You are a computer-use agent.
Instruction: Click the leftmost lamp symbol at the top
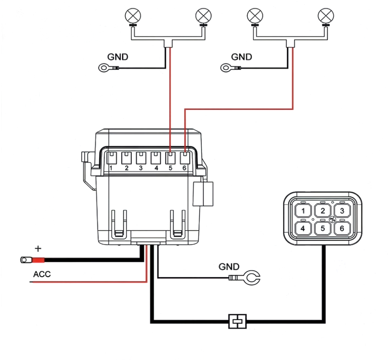(133, 16)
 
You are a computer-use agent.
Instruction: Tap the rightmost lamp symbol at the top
(326, 16)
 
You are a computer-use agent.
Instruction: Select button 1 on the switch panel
(303, 211)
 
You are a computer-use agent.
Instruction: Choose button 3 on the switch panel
(342, 211)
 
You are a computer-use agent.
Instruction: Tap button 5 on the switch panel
(323, 228)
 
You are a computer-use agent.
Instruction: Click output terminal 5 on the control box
(170, 158)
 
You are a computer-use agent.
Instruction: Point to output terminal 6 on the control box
(185, 158)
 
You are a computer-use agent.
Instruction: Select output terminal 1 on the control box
(112, 158)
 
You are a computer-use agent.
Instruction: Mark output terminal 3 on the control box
(141, 158)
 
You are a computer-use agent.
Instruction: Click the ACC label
(42, 274)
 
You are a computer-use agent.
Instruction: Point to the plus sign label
(38, 249)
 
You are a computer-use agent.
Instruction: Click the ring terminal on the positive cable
(26, 260)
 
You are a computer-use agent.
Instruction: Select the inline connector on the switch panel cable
(238, 322)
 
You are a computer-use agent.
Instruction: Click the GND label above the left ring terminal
(118, 57)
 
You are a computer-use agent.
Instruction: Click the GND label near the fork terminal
(229, 267)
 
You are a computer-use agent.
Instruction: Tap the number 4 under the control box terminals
(156, 168)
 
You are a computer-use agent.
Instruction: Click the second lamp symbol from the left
(204, 16)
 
